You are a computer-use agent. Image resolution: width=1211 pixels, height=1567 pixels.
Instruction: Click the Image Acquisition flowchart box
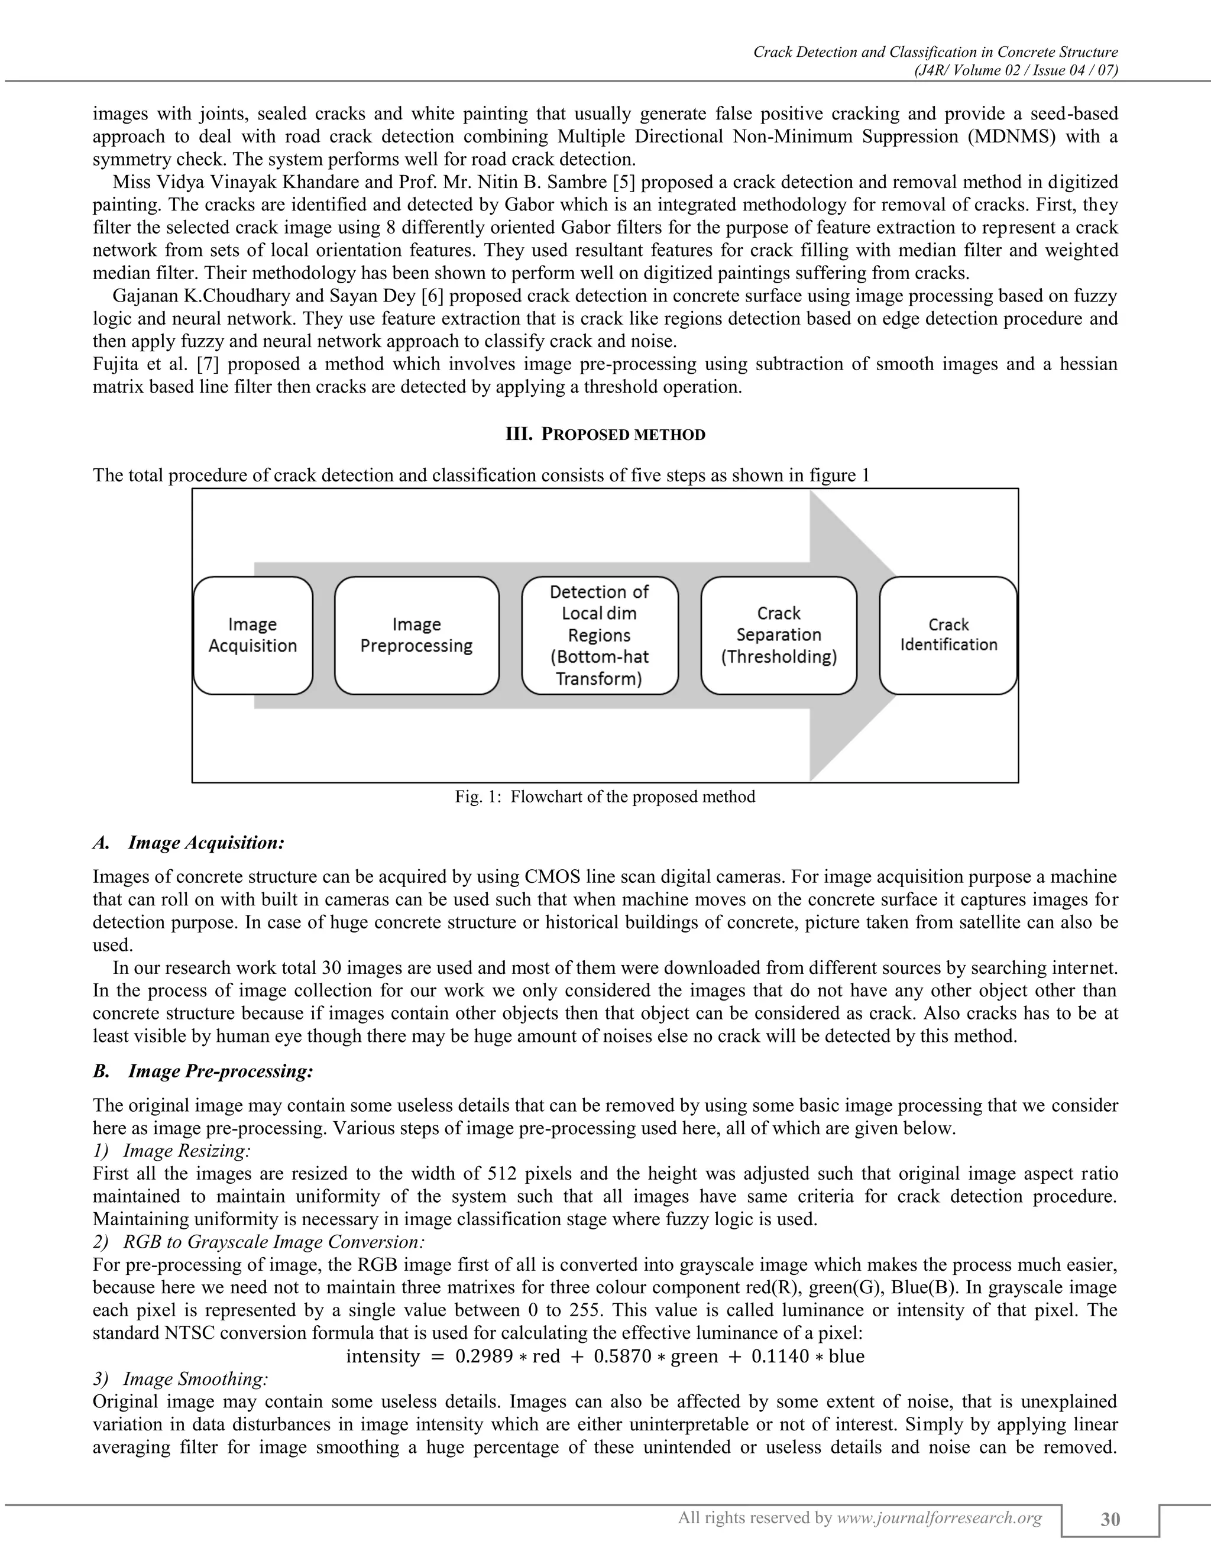pyautogui.click(x=252, y=635)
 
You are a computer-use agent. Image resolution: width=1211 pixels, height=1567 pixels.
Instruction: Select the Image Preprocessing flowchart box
pyautogui.click(x=416, y=635)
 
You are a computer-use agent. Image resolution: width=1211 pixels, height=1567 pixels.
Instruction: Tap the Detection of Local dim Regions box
pyautogui.click(x=599, y=635)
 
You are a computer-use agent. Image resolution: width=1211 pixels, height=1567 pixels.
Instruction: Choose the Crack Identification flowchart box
pyautogui.click(x=948, y=635)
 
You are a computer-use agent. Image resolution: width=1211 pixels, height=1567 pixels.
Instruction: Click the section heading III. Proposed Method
pyautogui.click(x=605, y=434)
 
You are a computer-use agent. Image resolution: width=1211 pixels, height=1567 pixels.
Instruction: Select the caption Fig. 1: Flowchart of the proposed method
pyautogui.click(x=605, y=797)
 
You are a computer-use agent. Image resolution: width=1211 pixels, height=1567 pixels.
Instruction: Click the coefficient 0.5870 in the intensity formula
pyautogui.click(x=622, y=1356)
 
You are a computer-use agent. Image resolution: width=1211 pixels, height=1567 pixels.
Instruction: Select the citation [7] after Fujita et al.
pyautogui.click(x=212, y=364)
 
